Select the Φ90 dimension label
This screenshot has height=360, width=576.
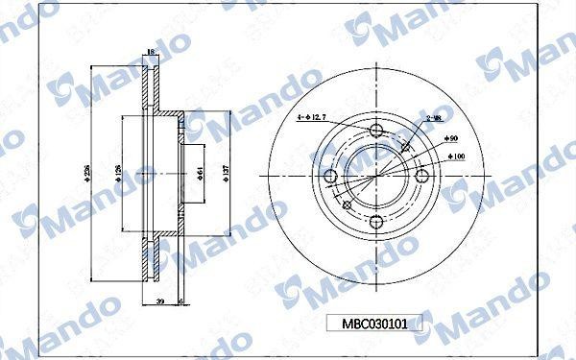pyautogui.click(x=451, y=140)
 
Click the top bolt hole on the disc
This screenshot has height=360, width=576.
pyautogui.click(x=375, y=130)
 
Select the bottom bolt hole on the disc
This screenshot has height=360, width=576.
pyautogui.click(x=375, y=223)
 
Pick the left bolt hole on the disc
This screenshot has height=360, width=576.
pyautogui.click(x=329, y=176)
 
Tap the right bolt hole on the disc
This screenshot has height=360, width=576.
pyautogui.click(x=422, y=176)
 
